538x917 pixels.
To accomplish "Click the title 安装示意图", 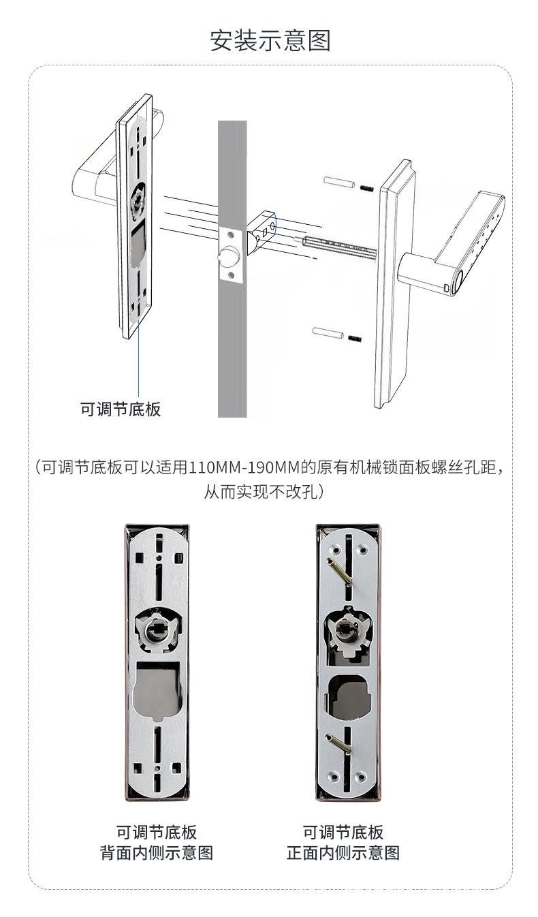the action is (x=270, y=40).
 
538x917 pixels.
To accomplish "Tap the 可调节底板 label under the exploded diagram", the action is (x=121, y=409).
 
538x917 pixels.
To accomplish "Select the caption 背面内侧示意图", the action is (x=157, y=852).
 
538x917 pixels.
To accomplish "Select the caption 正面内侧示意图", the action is (x=343, y=852).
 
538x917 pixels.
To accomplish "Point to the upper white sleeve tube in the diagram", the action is (x=338, y=183).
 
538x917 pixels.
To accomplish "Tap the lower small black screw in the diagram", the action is (x=354, y=338).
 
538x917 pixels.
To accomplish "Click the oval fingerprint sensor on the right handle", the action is (x=459, y=281).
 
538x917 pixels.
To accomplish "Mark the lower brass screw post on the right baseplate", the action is (x=338, y=743).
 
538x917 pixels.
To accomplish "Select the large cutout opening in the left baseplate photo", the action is (x=157, y=691).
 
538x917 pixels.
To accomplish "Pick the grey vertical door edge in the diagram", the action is (x=232, y=341).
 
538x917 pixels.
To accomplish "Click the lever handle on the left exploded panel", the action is (x=92, y=177).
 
